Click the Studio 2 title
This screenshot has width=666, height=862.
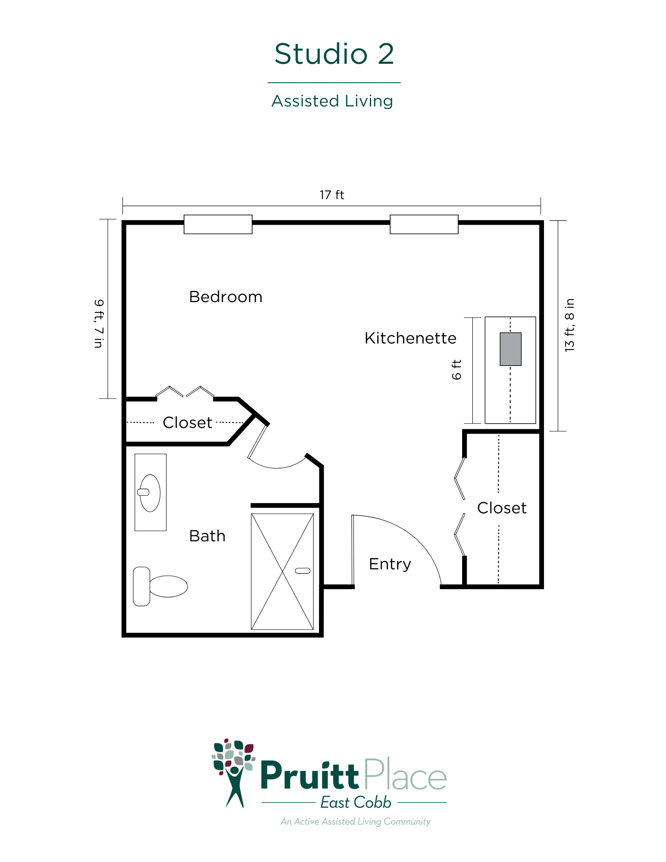point(334,54)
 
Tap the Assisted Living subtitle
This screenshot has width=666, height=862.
point(332,101)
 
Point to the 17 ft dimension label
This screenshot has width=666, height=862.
point(332,195)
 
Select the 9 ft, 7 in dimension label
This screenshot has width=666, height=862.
point(99,323)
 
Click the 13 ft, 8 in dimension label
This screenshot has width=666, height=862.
point(569,325)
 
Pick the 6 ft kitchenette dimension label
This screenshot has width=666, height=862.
point(457,370)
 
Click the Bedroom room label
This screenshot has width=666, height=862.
point(226,297)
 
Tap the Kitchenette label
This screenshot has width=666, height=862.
point(410,338)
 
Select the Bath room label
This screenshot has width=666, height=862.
point(207,536)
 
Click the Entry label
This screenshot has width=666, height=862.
point(390,564)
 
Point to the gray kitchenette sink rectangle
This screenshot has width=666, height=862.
point(511,349)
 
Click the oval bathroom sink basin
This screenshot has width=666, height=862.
point(150,493)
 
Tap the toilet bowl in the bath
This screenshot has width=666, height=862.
point(168,586)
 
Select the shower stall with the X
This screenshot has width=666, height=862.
point(282,572)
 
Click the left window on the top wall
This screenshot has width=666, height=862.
point(218,224)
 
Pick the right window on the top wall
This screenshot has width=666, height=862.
point(424,224)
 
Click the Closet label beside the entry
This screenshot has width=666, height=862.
point(502,508)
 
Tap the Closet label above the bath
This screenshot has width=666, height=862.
point(188,423)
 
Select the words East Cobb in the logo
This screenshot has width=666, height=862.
point(356,803)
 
